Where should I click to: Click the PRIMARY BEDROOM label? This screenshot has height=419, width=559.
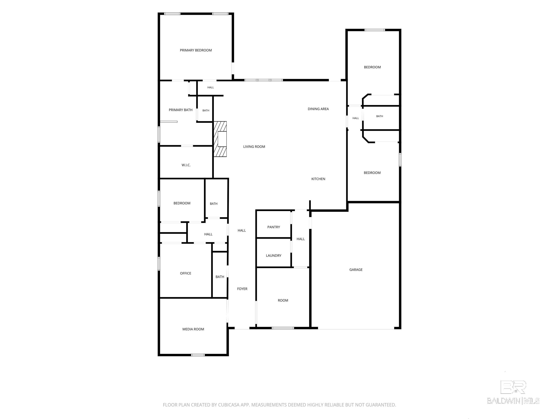[x=196, y=50]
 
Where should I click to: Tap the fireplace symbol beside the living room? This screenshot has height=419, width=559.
[x=220, y=139]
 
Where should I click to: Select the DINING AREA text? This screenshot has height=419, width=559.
[x=318, y=109]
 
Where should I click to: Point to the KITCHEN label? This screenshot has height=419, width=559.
[x=318, y=179]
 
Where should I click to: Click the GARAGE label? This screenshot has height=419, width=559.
[x=356, y=270]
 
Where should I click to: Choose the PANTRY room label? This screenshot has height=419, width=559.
[x=273, y=227]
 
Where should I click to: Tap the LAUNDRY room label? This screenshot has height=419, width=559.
[x=273, y=256]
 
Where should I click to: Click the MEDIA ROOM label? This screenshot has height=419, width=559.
[x=193, y=329]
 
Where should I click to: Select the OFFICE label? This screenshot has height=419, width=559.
[x=185, y=273]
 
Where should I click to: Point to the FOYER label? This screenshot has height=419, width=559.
[x=242, y=289]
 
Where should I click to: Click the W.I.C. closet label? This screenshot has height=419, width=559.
[x=186, y=165]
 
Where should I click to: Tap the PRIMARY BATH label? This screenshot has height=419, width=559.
[x=181, y=110]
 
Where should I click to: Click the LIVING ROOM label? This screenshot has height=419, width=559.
[x=254, y=146]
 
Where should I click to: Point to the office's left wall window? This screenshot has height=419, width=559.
[x=159, y=264]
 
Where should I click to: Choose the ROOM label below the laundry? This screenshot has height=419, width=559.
[x=283, y=300]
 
